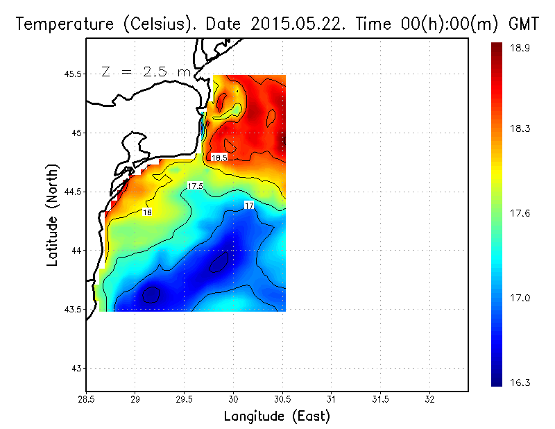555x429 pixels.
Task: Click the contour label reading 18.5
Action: click(219, 158)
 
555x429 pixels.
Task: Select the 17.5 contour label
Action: click(195, 186)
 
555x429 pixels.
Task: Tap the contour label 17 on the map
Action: click(249, 205)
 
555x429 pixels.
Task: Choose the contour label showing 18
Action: click(148, 212)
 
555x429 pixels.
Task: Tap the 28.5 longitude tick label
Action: click(86, 400)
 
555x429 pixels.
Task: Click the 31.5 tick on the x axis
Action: click(380, 400)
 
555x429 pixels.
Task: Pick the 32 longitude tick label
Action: click(429, 400)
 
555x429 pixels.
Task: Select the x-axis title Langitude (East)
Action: click(277, 416)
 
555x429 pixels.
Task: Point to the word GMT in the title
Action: click(524, 24)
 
